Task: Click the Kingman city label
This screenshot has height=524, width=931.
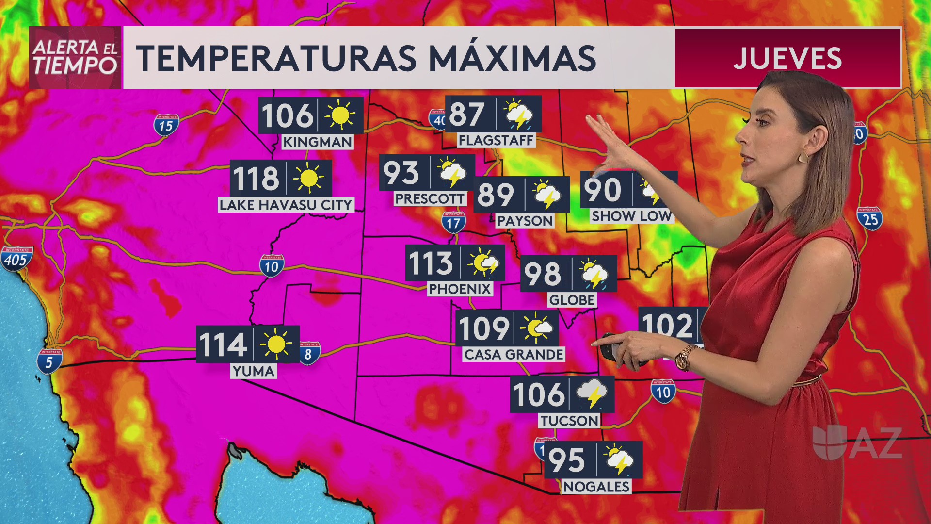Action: [x=318, y=142]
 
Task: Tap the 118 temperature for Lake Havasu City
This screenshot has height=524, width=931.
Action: [x=257, y=178]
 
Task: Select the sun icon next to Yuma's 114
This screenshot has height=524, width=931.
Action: [x=276, y=344]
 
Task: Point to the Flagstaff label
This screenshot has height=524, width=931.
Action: [x=496, y=141]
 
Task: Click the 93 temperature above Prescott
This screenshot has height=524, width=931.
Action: [x=401, y=173]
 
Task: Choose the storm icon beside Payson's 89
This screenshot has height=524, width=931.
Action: [x=546, y=195]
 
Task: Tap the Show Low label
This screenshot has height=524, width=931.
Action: [x=631, y=216]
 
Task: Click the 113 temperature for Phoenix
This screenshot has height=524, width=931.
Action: [x=431, y=263]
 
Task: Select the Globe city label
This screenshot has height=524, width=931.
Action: [x=572, y=300]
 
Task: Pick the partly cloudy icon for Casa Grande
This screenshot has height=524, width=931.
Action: [x=536, y=328]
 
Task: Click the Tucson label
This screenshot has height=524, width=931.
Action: [x=569, y=421]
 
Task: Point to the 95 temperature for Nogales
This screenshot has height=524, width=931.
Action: [x=567, y=460]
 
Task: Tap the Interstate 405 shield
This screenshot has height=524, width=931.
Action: [x=16, y=259]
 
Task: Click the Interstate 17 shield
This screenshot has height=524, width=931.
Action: [x=453, y=223]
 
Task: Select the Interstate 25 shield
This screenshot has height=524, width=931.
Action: [x=870, y=219]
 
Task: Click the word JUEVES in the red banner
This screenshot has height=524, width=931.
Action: [x=787, y=58]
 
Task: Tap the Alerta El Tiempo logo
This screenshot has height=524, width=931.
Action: [x=75, y=58]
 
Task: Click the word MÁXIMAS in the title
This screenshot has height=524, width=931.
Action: [x=512, y=58]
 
